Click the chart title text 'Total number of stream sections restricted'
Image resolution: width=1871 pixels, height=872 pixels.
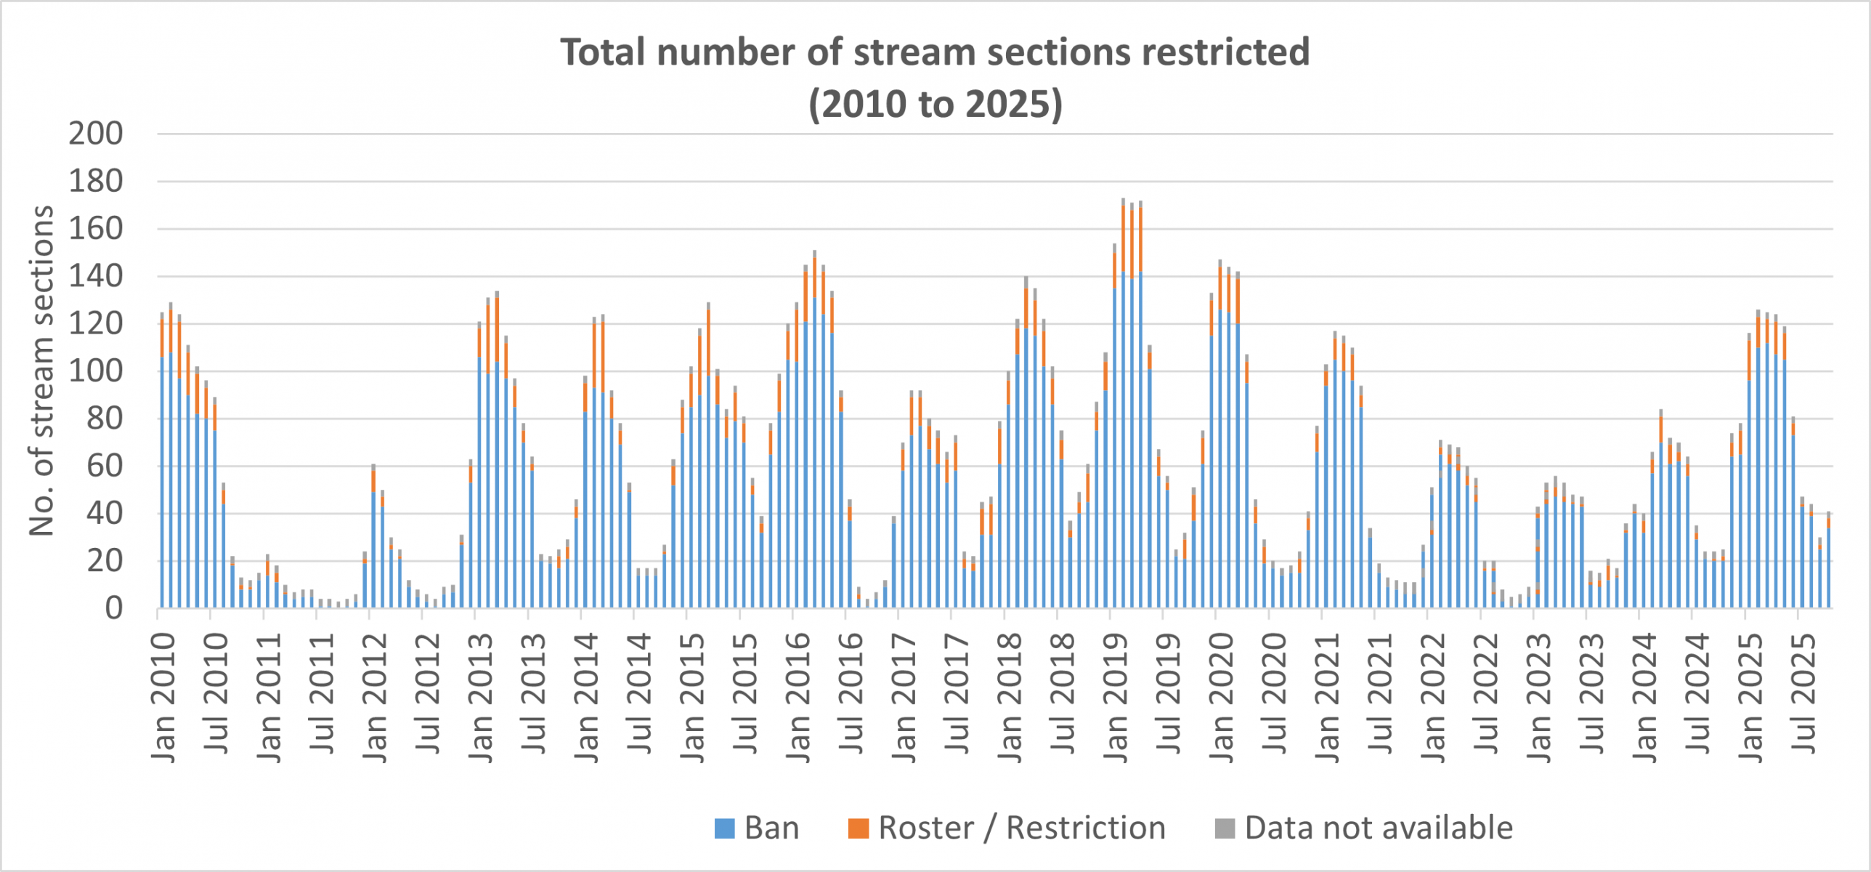[935, 52]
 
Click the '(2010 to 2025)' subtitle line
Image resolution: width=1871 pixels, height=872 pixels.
[935, 104]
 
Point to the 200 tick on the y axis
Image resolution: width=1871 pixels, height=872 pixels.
[96, 134]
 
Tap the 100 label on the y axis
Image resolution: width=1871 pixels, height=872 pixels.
[96, 371]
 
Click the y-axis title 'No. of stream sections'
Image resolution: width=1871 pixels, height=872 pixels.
[41, 371]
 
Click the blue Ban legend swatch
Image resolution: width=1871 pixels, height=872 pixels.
[724, 828]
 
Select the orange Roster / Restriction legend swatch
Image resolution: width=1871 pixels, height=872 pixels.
[858, 828]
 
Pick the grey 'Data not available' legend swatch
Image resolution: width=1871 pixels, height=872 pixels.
[1225, 828]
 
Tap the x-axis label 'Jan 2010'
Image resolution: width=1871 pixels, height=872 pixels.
[163, 698]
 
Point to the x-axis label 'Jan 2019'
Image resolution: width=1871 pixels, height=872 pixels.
[1115, 698]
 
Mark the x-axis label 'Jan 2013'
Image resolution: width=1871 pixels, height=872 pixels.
[480, 698]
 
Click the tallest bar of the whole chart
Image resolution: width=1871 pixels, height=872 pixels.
[1123, 407]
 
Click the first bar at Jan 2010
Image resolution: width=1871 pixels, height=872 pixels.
[162, 465]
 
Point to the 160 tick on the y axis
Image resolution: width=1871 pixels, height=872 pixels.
[96, 229]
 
